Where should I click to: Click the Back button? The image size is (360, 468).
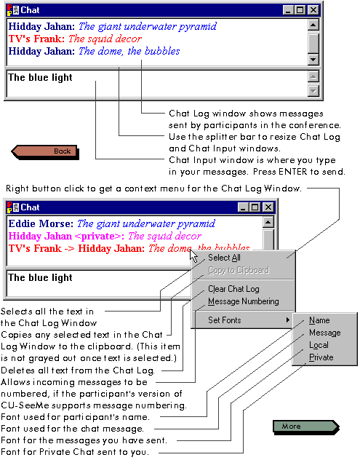click(x=45, y=151)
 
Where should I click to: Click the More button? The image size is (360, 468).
click(x=306, y=427)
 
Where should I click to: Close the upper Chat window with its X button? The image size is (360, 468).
click(x=313, y=10)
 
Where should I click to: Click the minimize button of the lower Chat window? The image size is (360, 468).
click(x=243, y=207)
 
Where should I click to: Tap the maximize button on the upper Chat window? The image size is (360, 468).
click(x=300, y=10)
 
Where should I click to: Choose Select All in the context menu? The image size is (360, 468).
click(x=224, y=258)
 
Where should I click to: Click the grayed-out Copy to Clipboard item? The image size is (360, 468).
click(x=239, y=270)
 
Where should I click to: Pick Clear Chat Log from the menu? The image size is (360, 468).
click(x=233, y=289)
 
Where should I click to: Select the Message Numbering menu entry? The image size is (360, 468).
click(x=244, y=301)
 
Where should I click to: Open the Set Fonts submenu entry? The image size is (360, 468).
click(x=224, y=320)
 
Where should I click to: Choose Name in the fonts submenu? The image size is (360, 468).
click(x=319, y=320)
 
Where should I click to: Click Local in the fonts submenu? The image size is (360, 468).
click(x=319, y=345)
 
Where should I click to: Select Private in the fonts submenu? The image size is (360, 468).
click(x=321, y=357)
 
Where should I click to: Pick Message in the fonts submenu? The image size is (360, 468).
click(x=325, y=333)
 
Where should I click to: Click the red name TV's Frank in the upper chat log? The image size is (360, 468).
click(x=36, y=39)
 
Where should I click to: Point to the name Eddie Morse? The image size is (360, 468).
click(x=41, y=223)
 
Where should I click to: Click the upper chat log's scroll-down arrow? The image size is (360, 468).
click(x=313, y=60)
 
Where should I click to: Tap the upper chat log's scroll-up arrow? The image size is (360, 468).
click(x=313, y=25)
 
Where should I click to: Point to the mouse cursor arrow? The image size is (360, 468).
click(x=193, y=255)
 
